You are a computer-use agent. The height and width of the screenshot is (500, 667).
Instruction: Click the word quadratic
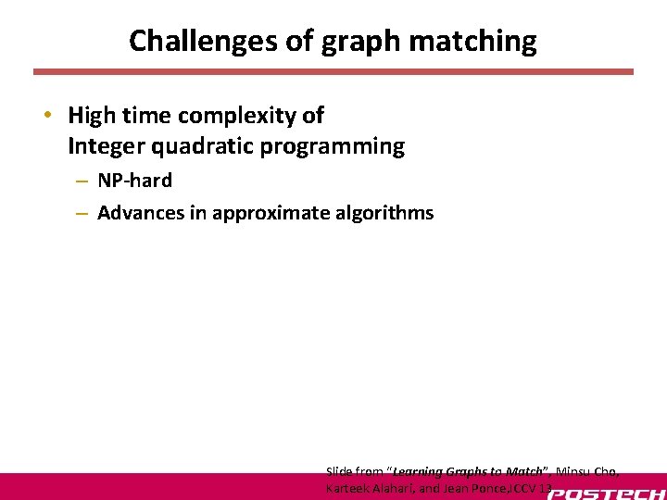(208, 146)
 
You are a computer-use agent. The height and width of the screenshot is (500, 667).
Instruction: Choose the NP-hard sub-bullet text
(134, 181)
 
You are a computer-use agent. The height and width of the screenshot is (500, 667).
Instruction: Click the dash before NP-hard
(82, 181)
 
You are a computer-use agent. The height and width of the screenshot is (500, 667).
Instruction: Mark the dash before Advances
(82, 214)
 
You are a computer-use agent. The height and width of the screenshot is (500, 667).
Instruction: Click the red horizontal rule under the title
(333, 71)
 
